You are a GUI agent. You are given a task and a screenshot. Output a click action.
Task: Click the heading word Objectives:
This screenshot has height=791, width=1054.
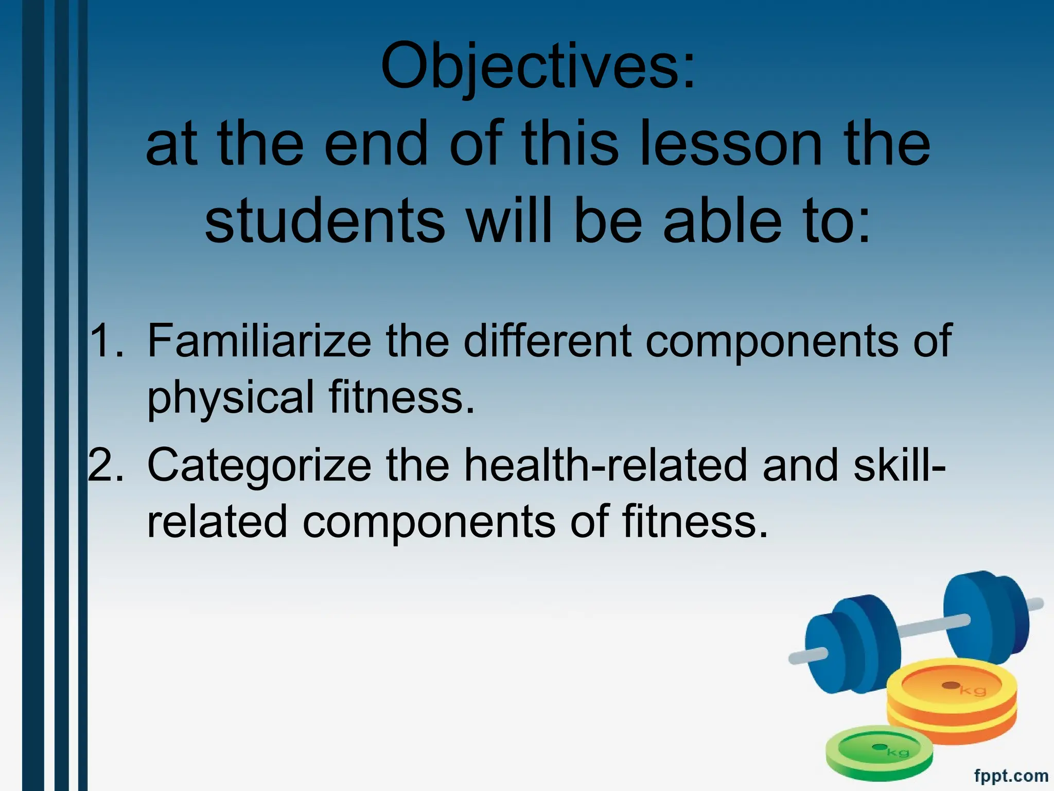pos(538,67)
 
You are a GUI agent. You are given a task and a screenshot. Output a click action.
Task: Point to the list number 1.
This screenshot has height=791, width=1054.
pos(106,341)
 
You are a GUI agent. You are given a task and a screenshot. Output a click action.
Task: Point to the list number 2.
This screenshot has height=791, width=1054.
pos(106,465)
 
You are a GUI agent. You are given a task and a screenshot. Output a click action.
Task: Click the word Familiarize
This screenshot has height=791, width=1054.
pos(259,341)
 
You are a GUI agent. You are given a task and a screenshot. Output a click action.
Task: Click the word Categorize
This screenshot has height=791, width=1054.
pos(259,465)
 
